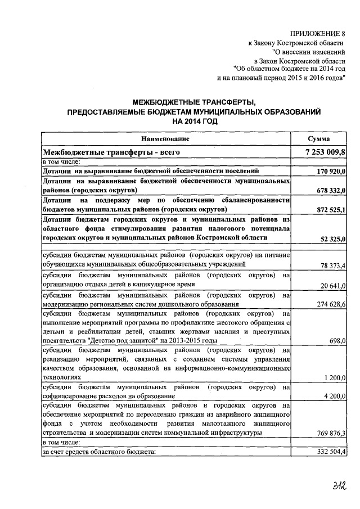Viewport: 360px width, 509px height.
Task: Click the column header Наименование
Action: coord(165,138)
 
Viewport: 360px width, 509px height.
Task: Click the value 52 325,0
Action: coord(333,240)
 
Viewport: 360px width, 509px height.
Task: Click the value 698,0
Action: coord(337,341)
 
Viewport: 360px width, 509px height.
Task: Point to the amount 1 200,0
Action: coord(335,378)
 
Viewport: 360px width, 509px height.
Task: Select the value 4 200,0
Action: coord(335,397)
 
